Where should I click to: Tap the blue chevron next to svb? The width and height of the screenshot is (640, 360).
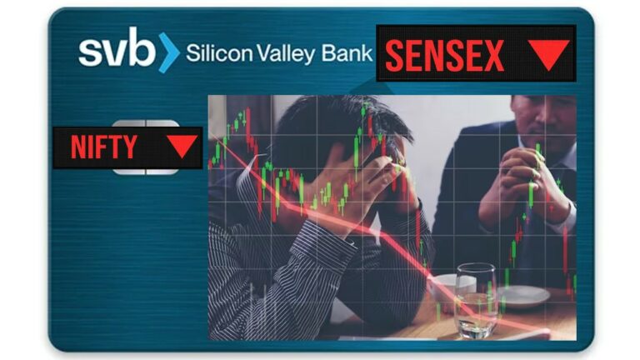[169, 53]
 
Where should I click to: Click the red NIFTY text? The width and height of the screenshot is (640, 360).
[103, 147]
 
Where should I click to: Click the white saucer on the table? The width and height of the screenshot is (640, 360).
[522, 297]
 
